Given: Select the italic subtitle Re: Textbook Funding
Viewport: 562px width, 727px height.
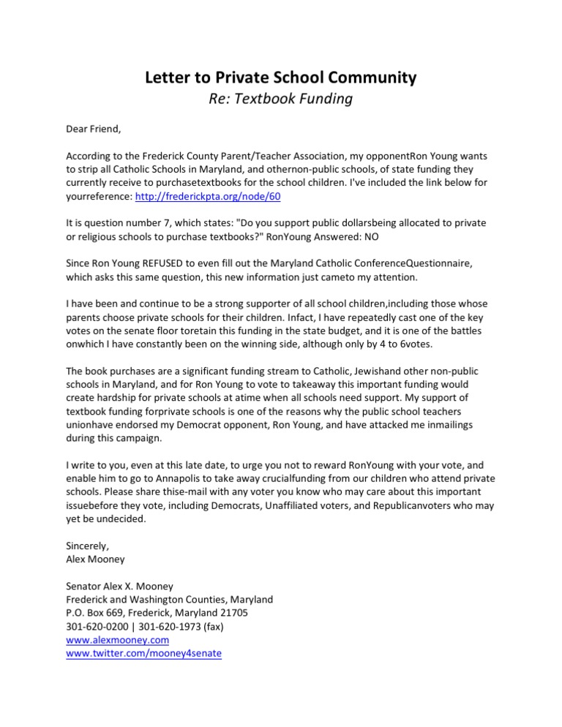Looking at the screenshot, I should [281, 99].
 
